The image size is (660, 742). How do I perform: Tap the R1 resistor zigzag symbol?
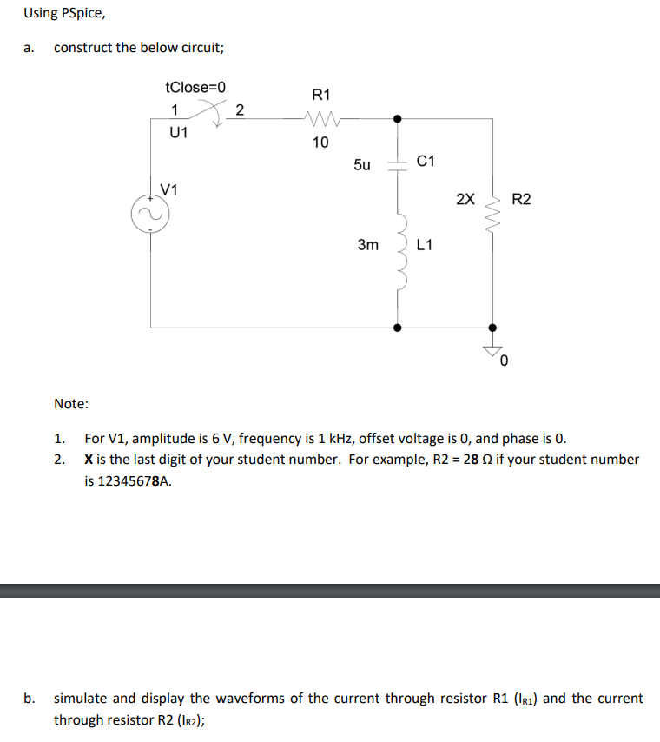coord(320,118)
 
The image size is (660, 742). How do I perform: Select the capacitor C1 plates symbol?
coord(398,163)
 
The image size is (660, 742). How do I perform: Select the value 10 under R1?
coord(320,142)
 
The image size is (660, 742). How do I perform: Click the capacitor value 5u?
coord(362,164)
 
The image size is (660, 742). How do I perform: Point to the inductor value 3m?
coord(368,246)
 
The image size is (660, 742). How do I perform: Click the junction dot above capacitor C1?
coord(398,118)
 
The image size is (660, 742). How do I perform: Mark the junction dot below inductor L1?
coord(398,328)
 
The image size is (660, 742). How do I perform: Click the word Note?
coord(70,403)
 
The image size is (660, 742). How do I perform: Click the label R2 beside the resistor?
coord(521,199)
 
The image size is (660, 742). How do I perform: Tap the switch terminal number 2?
coord(240,109)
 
